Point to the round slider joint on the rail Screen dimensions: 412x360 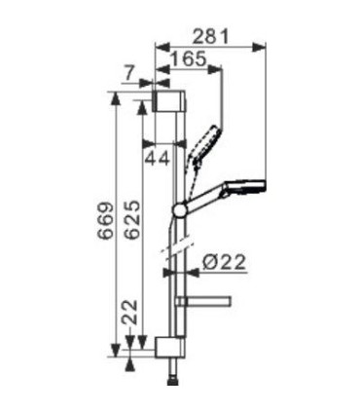click(180, 208)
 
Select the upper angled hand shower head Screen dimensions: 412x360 click(207, 142)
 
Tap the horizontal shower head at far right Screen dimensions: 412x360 click(246, 186)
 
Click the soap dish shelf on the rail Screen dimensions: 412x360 click(209, 299)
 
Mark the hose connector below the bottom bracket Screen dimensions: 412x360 click(173, 370)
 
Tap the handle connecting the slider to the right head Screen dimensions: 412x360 click(205, 198)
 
